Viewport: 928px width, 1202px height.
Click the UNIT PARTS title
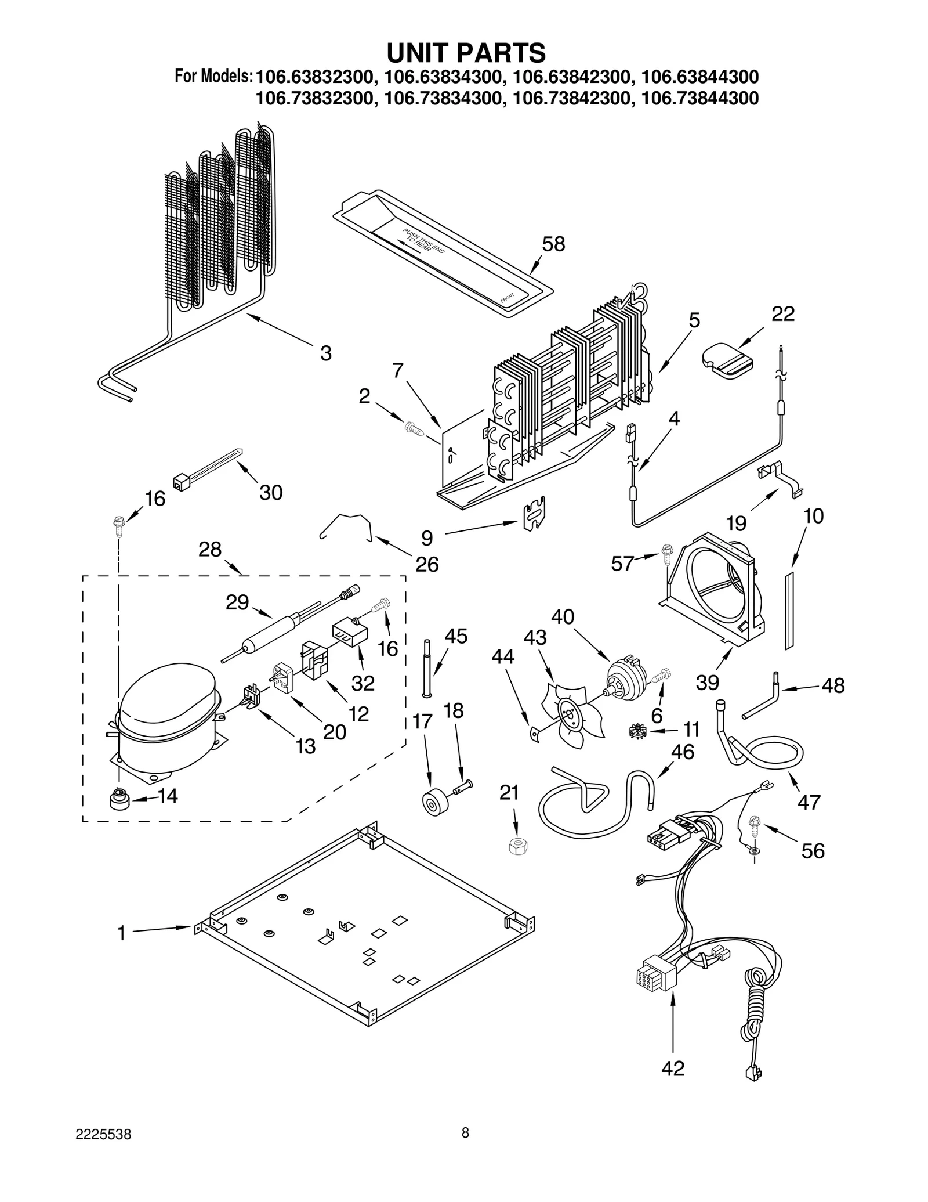point(466,53)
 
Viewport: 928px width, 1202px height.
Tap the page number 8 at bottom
point(465,1149)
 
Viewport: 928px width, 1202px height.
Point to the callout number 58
point(553,244)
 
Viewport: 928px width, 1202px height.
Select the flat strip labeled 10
point(789,609)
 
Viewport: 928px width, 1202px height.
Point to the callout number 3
point(325,353)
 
